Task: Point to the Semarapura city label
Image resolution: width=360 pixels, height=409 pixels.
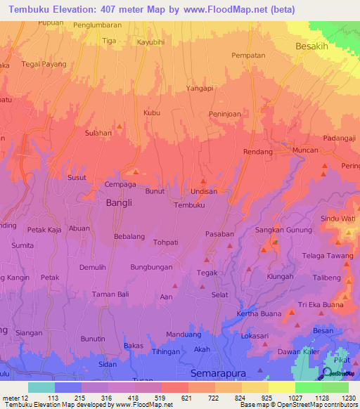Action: (x=220, y=372)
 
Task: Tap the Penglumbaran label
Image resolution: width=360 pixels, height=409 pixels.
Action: (x=103, y=25)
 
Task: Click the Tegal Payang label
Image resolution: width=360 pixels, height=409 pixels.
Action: (x=44, y=64)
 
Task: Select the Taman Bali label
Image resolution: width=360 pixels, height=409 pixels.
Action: (x=112, y=294)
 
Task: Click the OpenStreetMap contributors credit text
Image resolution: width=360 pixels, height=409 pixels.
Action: (x=316, y=405)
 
